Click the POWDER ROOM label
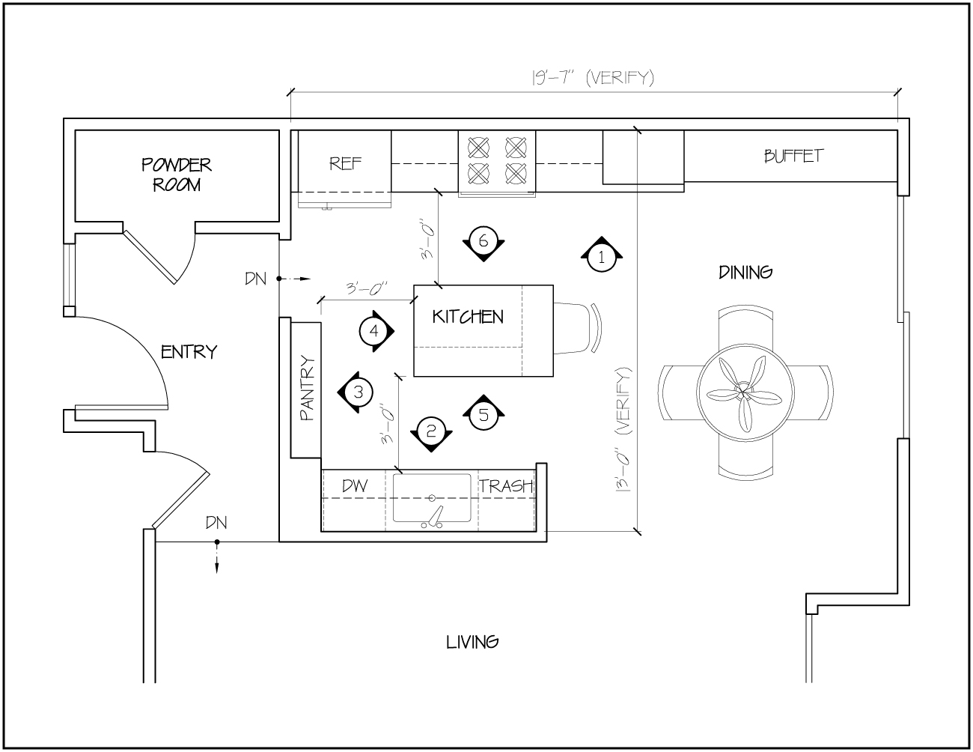click(x=177, y=175)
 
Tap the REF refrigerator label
click(x=345, y=163)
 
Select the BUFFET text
click(x=793, y=156)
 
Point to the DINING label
click(x=745, y=273)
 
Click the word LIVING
click(x=472, y=642)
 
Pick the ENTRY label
click(x=189, y=351)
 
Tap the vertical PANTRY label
click(x=307, y=388)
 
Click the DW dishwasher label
click(x=355, y=485)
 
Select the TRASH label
click(x=507, y=485)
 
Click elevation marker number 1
click(x=601, y=257)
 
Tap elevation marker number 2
click(x=431, y=431)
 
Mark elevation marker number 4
click(x=374, y=332)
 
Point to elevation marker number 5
click(x=484, y=415)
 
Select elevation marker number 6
click(x=484, y=242)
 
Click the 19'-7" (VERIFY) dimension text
click(x=593, y=78)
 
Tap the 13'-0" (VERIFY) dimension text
click(x=623, y=430)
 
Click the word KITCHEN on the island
click(x=468, y=317)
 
